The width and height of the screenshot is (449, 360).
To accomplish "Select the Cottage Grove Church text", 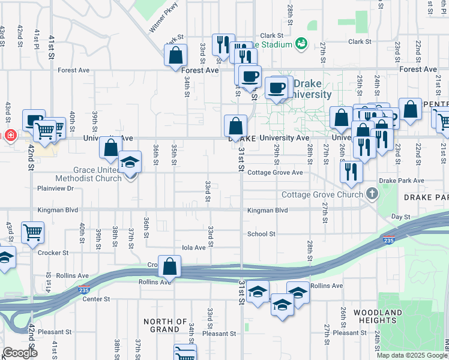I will pyautogui.click(x=322, y=194).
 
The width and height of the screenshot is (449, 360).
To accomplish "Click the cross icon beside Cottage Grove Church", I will pyautogui.click(x=372, y=194).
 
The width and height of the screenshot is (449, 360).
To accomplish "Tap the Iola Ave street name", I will pyautogui.click(x=194, y=247).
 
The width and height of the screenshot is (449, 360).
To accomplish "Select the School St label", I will pyautogui.click(x=261, y=234).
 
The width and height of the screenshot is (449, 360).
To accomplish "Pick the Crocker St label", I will pyautogui.click(x=53, y=253).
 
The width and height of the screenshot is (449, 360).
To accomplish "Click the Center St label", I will pyautogui.click(x=97, y=299).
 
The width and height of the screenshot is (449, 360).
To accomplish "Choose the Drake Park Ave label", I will pyautogui.click(x=402, y=181).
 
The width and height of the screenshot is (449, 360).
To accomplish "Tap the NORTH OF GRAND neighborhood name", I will pyautogui.click(x=166, y=325).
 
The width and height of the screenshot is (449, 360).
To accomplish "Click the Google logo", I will pyautogui.click(x=19, y=353).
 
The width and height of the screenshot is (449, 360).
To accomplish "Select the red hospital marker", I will pyautogui.click(x=10, y=135).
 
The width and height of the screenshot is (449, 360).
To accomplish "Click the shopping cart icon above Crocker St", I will pyautogui.click(x=32, y=232).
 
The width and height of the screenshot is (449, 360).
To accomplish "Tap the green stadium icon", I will pyautogui.click(x=301, y=44).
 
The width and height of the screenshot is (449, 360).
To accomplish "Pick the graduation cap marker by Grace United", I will pyautogui.click(x=129, y=163).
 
